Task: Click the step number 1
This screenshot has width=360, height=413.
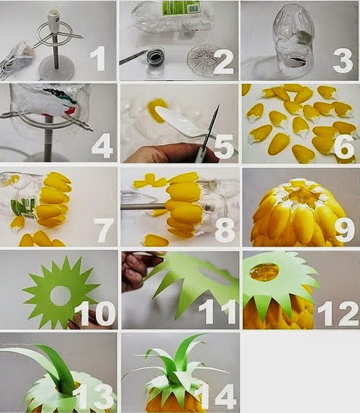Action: (98, 58)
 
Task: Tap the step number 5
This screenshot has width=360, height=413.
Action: (224, 146)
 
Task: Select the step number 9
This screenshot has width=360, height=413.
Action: (345, 229)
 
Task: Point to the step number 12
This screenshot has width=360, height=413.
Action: (338, 314)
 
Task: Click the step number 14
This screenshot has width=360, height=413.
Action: (217, 396)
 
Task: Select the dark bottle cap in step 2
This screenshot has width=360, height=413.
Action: (156, 55)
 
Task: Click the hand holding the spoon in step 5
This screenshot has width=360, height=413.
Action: (168, 153)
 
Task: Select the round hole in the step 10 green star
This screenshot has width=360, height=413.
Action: (60, 294)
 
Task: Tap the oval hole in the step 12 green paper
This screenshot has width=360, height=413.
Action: (264, 271)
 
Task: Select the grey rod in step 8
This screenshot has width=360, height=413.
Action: (144, 206)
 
